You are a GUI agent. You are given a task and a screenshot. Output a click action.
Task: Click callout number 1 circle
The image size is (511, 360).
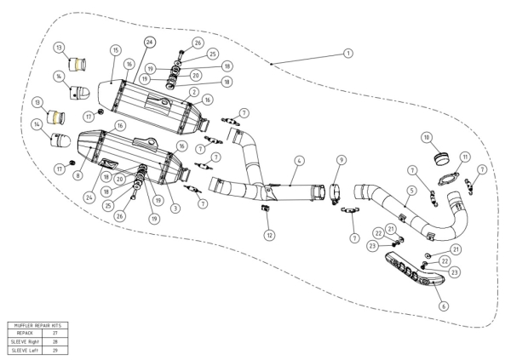(347, 53)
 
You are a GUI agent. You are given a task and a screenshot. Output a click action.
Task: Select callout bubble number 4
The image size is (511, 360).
(299, 161)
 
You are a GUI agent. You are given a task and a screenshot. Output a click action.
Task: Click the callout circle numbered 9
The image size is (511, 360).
(341, 160)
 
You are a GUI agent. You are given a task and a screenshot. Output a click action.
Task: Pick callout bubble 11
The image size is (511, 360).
(464, 157)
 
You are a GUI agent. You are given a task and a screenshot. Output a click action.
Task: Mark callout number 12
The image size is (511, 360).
(268, 234)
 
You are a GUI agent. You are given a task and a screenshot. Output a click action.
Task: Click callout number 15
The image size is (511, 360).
(115, 50)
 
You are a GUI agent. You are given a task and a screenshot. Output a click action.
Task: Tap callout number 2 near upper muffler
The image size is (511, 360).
(194, 92)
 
